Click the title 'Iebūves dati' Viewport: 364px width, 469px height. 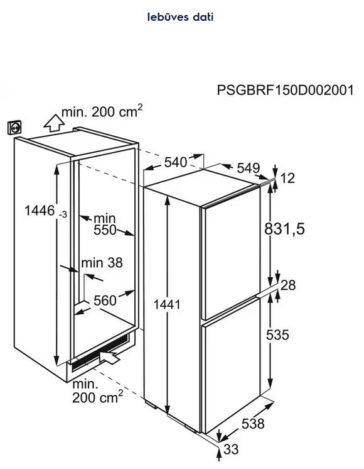[180, 17]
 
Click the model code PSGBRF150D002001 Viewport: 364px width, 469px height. [285, 90]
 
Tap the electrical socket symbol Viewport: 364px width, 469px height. [14, 128]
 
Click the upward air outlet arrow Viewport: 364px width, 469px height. [54, 123]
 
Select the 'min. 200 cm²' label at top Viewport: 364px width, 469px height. [102, 111]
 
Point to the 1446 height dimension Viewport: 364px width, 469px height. [46, 211]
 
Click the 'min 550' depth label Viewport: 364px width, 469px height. [105, 224]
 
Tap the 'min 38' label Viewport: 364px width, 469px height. [102, 263]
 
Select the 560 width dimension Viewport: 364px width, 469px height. [105, 301]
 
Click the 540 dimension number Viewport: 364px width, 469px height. [176, 162]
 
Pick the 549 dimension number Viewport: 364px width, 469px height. [249, 168]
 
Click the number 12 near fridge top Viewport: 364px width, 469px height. [287, 179]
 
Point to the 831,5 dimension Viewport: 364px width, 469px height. [284, 229]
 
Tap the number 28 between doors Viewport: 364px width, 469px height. [288, 285]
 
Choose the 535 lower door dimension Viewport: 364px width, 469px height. [277, 334]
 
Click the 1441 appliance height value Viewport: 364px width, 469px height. [167, 304]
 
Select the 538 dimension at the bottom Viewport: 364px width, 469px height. [253, 424]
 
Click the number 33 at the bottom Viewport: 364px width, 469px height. [231, 450]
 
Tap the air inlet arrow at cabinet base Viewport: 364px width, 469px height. [110, 358]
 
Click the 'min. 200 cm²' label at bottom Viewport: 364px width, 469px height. [98, 391]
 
